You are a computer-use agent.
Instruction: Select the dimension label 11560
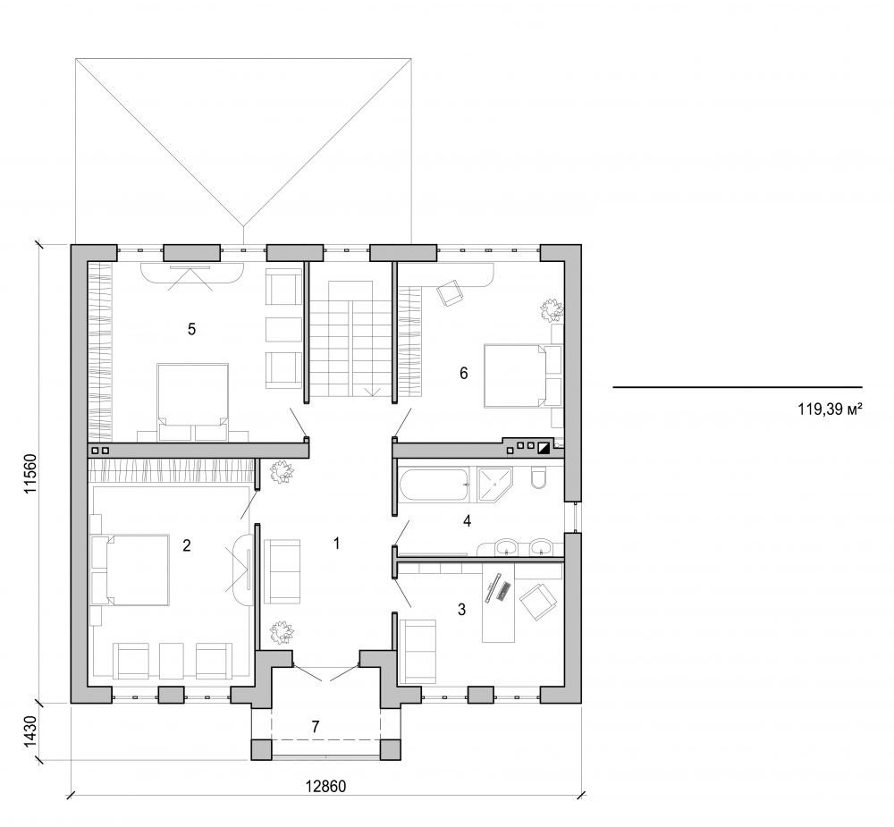pyautogui.click(x=30, y=472)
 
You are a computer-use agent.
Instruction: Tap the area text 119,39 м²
pyautogui.click(x=829, y=411)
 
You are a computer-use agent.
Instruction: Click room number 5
pyautogui.click(x=191, y=328)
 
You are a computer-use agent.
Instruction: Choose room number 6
pyautogui.click(x=463, y=373)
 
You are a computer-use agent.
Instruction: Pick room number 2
pyautogui.click(x=186, y=544)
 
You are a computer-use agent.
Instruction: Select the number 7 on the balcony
pyautogui.click(x=315, y=725)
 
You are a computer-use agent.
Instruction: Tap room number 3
pyautogui.click(x=461, y=610)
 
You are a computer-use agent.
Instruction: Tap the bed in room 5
pyautogui.click(x=192, y=398)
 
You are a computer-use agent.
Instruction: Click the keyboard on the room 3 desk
pyautogui.click(x=504, y=590)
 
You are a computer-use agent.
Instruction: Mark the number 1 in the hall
pyautogui.click(x=336, y=543)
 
